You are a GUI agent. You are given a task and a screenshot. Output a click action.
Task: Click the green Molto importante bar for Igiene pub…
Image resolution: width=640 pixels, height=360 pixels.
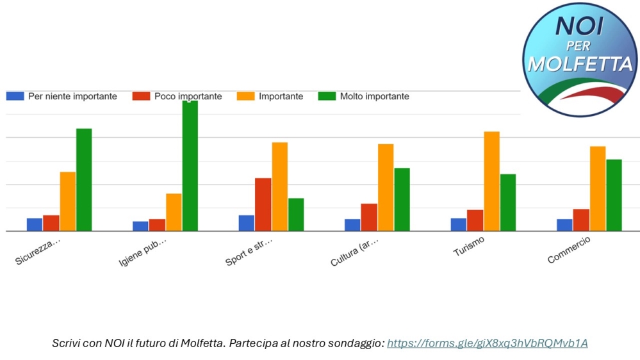click(x=190, y=166)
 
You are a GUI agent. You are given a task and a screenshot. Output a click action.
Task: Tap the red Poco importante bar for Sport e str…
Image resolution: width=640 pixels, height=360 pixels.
click(x=263, y=204)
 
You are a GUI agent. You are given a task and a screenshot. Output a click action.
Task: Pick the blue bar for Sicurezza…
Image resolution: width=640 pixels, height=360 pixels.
click(x=35, y=225)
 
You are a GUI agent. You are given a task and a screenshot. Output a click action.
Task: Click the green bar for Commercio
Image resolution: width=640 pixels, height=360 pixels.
click(x=614, y=195)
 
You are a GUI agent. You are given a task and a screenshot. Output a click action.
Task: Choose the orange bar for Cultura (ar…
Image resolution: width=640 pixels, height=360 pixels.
click(x=386, y=188)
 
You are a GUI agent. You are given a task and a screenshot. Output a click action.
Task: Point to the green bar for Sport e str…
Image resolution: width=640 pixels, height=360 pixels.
click(x=296, y=215)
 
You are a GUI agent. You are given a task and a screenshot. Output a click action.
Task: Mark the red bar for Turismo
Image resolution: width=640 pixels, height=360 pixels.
click(x=475, y=220)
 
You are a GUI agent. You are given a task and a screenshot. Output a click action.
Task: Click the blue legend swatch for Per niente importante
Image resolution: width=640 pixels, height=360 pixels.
click(x=15, y=96)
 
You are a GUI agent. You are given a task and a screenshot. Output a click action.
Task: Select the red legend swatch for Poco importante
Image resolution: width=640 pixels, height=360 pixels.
click(x=141, y=96)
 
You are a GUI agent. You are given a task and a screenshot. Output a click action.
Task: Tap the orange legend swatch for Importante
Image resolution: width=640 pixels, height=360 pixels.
click(x=245, y=96)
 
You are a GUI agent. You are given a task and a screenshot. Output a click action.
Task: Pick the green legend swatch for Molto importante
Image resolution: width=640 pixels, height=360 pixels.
click(x=327, y=96)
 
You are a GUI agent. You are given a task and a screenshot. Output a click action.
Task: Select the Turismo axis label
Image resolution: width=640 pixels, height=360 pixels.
click(x=469, y=247)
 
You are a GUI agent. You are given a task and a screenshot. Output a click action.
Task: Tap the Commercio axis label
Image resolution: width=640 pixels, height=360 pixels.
click(x=569, y=250)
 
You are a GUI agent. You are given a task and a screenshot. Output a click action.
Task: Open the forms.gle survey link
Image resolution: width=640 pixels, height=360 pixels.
click(x=487, y=343)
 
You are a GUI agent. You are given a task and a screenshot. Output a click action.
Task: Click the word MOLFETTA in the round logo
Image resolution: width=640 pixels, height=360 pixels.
click(x=580, y=64)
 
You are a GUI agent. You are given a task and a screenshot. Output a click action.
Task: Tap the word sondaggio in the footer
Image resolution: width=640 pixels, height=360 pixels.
click(x=352, y=343)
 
